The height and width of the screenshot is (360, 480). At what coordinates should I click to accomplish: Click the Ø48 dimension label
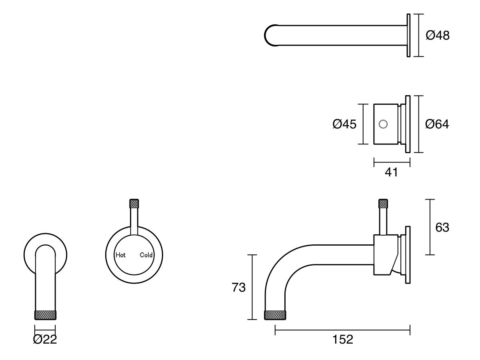tap(438, 36)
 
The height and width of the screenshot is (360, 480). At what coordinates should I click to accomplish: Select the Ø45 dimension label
tap(344, 124)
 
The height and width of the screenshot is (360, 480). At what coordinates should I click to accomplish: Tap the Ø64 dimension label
tap(437, 124)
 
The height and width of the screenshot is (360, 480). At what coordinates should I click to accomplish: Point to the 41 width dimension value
tap(391, 172)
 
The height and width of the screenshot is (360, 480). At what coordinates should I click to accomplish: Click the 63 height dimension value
tap(442, 227)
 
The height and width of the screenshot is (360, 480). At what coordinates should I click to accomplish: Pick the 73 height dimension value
tap(239, 287)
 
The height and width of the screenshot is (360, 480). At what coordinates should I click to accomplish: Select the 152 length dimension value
tap(343, 340)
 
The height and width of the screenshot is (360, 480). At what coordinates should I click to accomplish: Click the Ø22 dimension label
tap(45, 340)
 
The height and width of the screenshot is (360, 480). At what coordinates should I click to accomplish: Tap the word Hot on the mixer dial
tap(120, 255)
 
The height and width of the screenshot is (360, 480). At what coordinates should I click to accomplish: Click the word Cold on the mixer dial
tap(146, 255)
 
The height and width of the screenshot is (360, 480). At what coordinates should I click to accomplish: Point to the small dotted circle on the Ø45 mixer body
tap(383, 124)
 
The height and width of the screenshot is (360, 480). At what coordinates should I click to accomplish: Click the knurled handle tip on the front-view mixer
tap(134, 204)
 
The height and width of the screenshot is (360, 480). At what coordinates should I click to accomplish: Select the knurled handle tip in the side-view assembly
tap(384, 204)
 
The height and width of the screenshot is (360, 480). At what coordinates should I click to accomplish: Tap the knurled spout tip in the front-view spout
tap(45, 315)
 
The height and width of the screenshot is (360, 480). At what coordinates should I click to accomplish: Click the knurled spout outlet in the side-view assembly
tap(275, 315)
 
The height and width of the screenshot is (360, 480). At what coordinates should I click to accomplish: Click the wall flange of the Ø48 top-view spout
tap(408, 35)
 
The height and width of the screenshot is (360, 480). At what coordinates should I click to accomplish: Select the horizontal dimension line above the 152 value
tap(343, 330)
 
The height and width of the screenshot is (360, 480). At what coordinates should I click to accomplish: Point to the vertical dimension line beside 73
tap(252, 287)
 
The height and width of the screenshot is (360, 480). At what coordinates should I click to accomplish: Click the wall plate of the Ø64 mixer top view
tap(408, 124)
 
